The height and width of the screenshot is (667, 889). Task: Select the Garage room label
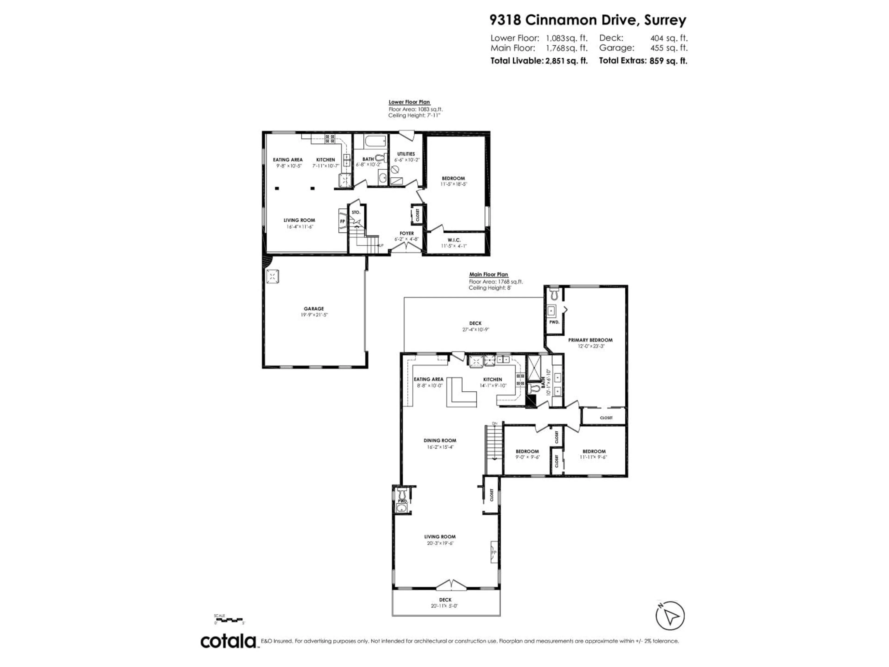click(x=314, y=309)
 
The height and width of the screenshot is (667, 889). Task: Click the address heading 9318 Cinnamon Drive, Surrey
click(x=588, y=20)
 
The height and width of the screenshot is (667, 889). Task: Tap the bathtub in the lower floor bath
click(x=375, y=141)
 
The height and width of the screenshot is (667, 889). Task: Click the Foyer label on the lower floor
click(x=406, y=233)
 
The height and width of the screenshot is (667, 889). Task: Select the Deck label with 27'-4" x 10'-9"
click(x=475, y=323)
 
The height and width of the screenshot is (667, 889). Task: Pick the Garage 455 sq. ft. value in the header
click(x=669, y=48)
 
